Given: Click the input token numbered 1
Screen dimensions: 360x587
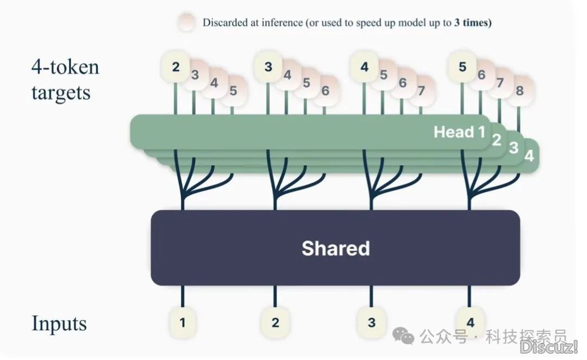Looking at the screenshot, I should (183, 322).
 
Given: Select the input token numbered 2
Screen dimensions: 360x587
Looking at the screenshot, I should (275, 322).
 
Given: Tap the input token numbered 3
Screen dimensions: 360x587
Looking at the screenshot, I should (371, 322).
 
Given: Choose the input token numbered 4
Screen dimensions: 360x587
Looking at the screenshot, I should (470, 322).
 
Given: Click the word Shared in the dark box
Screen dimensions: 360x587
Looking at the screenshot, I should (335, 249).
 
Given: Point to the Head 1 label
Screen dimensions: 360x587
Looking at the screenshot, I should (459, 132).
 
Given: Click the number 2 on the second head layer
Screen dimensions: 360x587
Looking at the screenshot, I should (496, 140).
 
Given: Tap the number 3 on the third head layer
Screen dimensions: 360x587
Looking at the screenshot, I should (514, 148).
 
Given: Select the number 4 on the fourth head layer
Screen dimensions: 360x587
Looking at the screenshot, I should (529, 156).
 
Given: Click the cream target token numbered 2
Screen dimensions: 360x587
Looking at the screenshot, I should (176, 67).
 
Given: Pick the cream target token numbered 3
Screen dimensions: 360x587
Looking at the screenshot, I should (268, 67).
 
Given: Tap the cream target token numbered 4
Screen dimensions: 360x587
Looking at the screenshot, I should (364, 67).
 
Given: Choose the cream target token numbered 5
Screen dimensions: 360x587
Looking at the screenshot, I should (463, 67).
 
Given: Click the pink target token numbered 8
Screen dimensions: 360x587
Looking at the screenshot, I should (520, 91).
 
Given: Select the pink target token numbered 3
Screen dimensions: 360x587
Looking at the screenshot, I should (195, 75).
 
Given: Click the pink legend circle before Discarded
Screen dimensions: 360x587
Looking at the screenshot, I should (186, 23).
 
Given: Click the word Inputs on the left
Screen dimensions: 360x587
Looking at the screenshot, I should (59, 324).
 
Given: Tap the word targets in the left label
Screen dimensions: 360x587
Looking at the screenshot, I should (61, 92).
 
